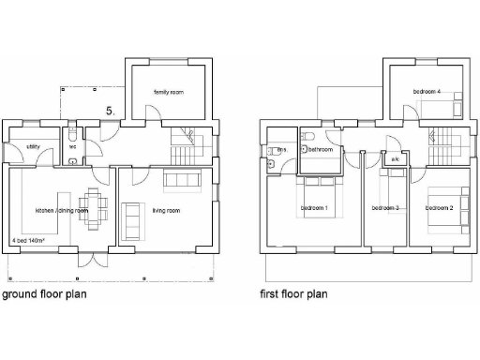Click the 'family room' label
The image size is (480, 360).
(171, 91)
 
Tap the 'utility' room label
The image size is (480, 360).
(33, 146)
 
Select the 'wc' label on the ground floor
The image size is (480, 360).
(72, 146)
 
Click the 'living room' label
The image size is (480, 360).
(166, 211)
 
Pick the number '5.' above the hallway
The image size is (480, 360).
(111, 112)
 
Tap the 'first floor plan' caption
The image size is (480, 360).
(293, 293)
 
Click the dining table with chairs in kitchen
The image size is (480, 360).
(91, 203)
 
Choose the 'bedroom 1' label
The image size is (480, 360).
(313, 207)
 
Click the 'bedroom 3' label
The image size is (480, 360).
(384, 207)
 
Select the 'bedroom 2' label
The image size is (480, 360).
(440, 207)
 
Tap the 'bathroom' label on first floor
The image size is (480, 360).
(322, 149)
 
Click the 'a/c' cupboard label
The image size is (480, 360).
(394, 159)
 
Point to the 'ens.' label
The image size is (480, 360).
(280, 149)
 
